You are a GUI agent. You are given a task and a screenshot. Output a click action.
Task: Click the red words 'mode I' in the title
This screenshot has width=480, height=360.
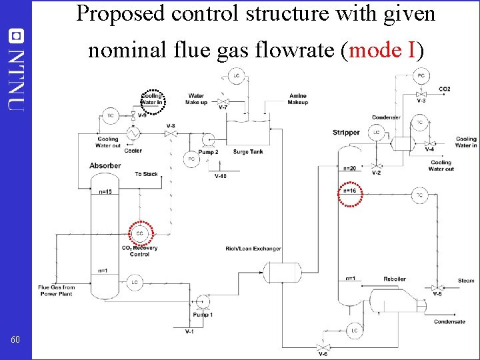[382, 50]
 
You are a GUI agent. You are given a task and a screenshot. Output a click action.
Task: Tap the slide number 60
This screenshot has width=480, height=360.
[15, 341]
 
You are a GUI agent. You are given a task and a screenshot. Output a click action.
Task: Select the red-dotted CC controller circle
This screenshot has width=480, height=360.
[139, 233]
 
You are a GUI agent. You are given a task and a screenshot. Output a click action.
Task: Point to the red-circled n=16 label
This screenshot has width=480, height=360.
[351, 191]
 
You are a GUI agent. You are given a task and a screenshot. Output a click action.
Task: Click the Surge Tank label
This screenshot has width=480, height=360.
[248, 152]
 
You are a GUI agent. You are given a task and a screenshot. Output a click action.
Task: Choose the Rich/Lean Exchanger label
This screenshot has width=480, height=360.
[253, 249]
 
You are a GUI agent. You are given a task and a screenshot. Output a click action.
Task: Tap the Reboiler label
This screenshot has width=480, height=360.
[394, 279]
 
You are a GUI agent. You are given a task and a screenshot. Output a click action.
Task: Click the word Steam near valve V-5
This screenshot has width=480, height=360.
[466, 281]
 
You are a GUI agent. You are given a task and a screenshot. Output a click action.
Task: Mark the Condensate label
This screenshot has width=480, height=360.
[449, 322]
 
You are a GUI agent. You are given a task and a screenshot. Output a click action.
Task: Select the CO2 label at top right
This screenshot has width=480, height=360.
[445, 89]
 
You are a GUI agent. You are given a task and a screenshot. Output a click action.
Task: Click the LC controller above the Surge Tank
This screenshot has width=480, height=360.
[236, 77]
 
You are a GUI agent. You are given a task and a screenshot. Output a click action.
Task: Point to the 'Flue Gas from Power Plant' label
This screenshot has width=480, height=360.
[57, 291]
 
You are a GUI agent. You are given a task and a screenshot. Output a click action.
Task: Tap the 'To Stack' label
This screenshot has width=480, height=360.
[146, 174]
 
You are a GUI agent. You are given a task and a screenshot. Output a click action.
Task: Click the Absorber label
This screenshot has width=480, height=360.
[105, 165]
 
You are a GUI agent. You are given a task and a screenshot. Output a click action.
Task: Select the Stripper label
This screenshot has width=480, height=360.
[346, 133]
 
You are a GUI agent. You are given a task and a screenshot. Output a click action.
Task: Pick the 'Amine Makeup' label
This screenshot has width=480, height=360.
[298, 99]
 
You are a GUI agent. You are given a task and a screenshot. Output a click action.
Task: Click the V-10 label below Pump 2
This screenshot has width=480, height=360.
[220, 177]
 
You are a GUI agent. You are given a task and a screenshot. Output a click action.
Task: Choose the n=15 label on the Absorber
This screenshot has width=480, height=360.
[105, 192]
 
